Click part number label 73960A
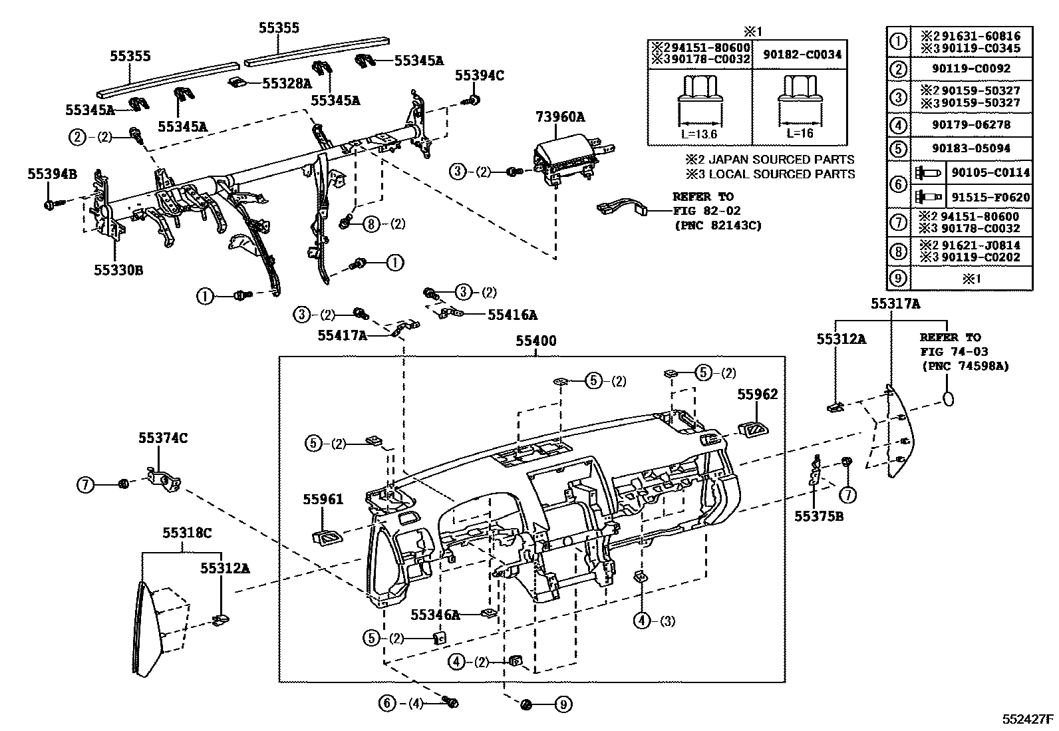click(x=559, y=118)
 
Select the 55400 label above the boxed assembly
click(x=536, y=341)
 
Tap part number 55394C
click(x=479, y=76)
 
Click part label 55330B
click(x=118, y=270)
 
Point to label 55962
click(x=757, y=395)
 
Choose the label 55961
click(x=323, y=499)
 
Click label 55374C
click(x=163, y=438)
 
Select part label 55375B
click(x=818, y=515)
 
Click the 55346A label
click(x=435, y=615)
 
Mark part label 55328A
click(x=287, y=83)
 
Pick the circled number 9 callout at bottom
click(x=563, y=704)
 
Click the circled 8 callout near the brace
click(x=371, y=224)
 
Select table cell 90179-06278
click(x=971, y=124)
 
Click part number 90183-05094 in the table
click(x=971, y=148)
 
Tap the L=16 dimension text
click(x=800, y=132)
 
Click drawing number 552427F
click(x=1028, y=720)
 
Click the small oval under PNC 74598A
click(x=948, y=399)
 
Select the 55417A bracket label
click(x=342, y=336)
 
